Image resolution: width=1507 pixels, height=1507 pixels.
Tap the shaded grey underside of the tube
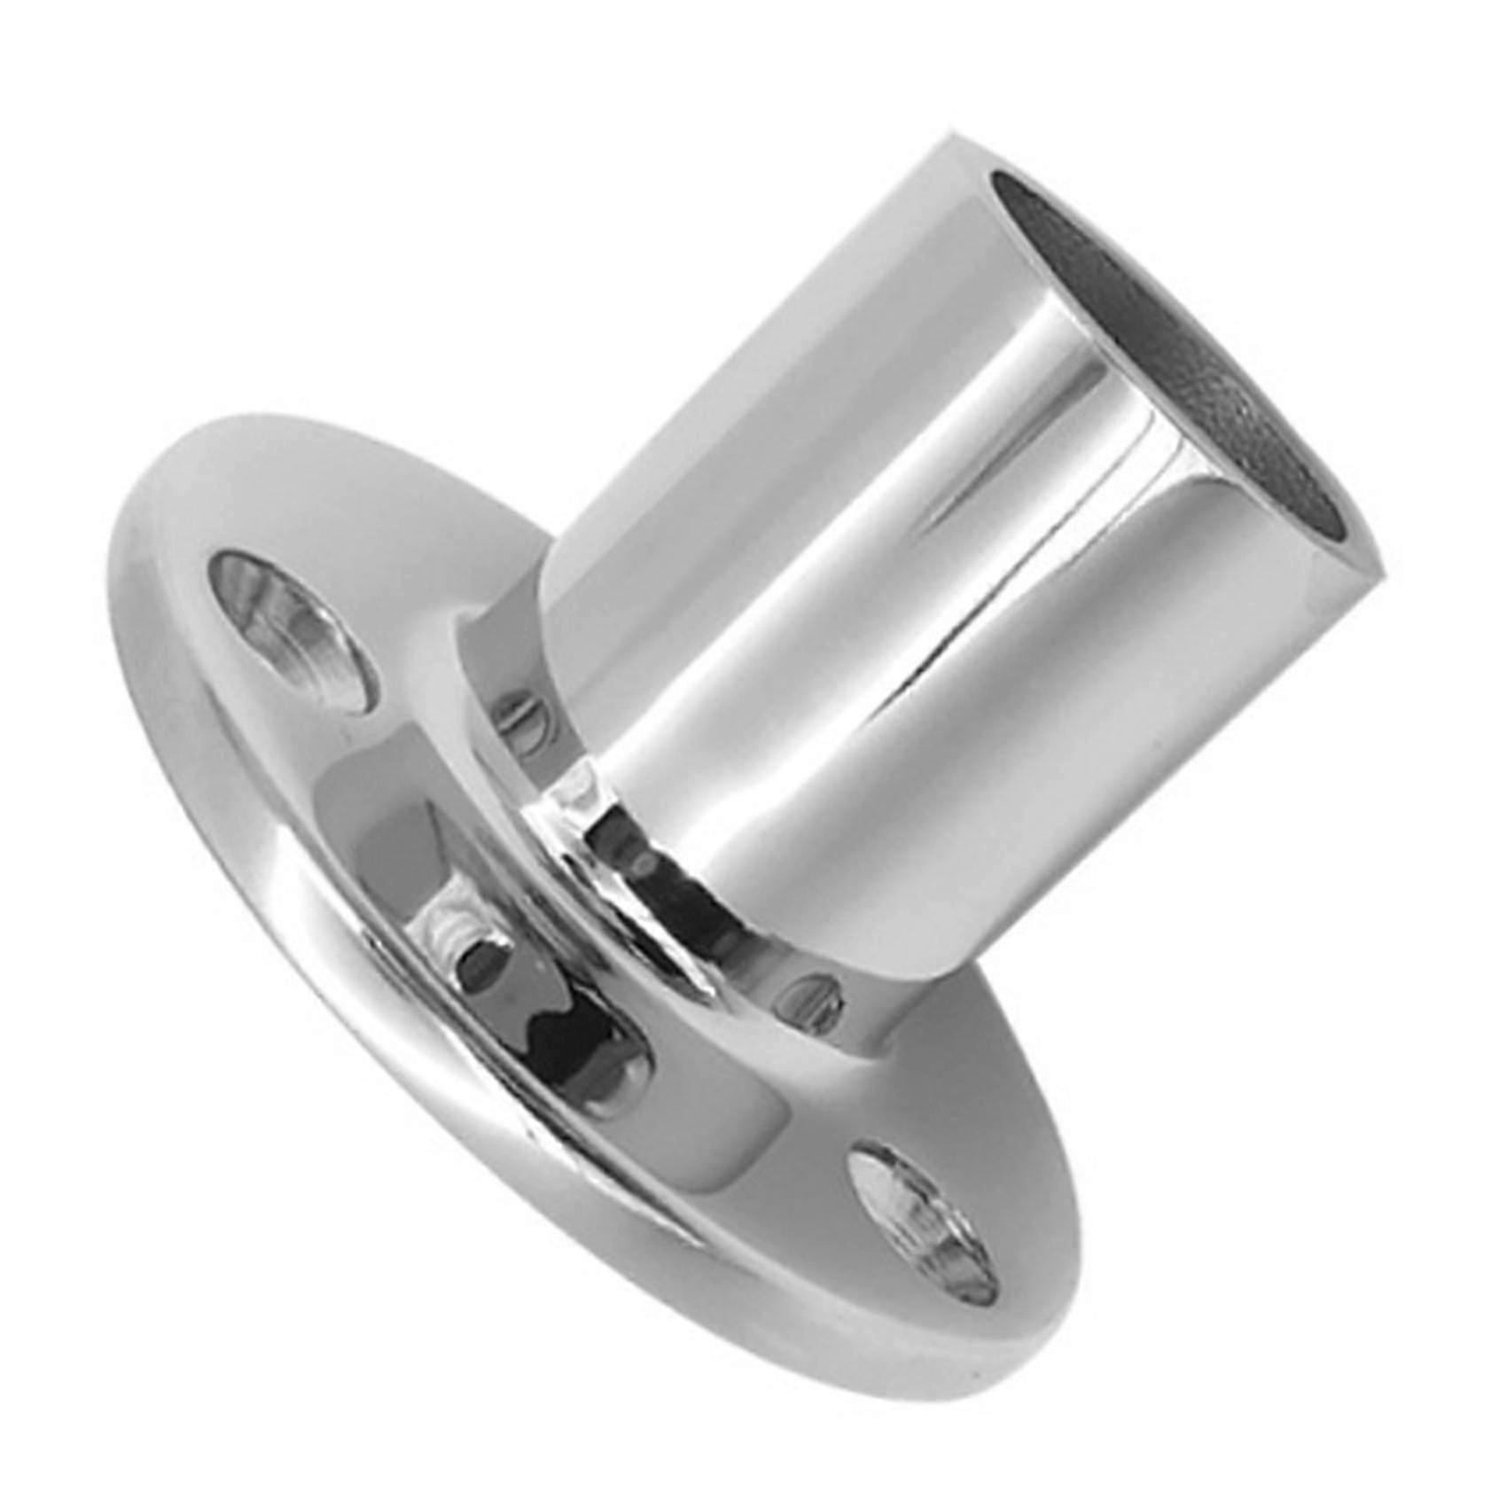[x=1019, y=798]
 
